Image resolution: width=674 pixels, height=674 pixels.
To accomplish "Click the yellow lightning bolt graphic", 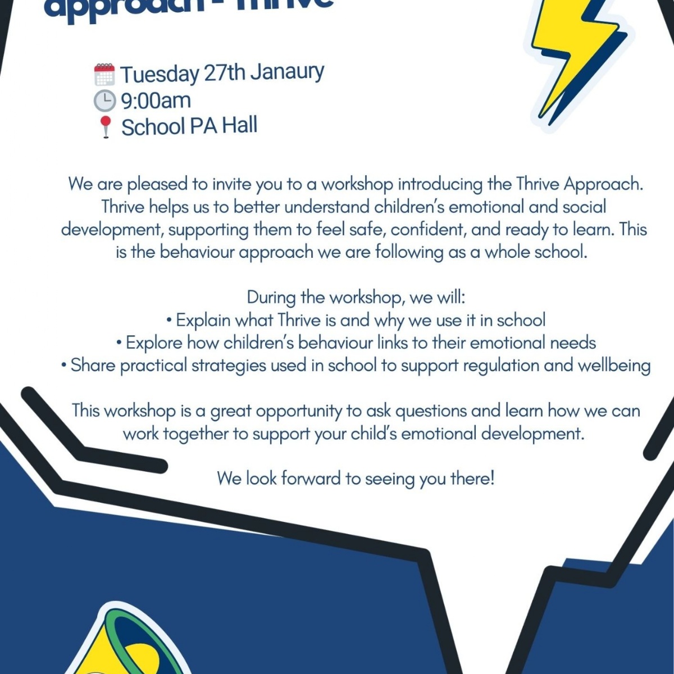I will [573, 56].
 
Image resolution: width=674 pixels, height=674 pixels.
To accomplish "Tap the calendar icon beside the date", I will [104, 74].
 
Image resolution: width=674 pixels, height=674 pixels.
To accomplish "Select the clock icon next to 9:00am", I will [104, 101].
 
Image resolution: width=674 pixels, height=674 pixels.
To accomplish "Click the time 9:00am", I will [156, 101].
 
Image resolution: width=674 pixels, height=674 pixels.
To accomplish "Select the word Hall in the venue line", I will [239, 125].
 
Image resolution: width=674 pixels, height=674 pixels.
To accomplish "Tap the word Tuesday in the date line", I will [160, 74].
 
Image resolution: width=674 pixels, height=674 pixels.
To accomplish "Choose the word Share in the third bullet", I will [93, 365].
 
